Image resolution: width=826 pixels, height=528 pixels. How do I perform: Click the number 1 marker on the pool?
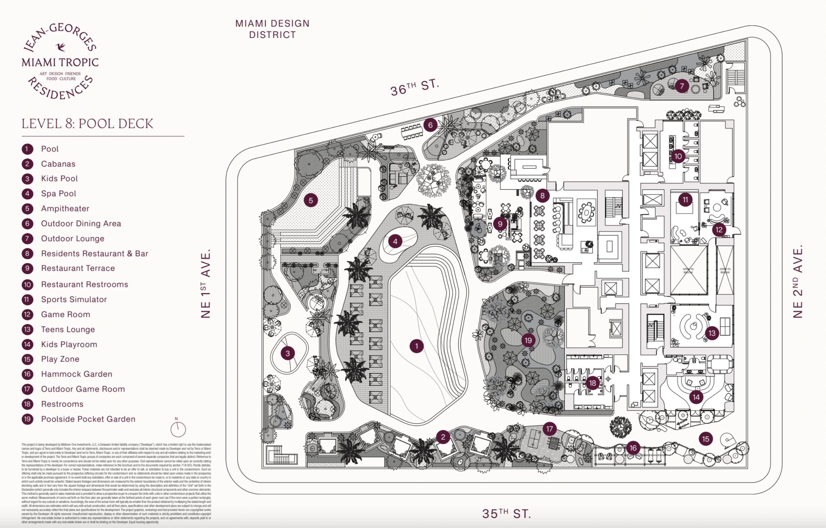[416, 346]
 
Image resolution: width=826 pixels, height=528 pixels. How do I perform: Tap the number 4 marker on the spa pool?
[395, 241]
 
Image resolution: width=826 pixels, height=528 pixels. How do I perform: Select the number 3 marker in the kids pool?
[287, 353]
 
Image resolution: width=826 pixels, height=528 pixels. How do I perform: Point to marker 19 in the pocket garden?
[528, 340]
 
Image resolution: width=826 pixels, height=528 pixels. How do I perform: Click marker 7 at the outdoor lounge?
[681, 86]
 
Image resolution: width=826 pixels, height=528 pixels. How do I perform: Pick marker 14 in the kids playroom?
[696, 397]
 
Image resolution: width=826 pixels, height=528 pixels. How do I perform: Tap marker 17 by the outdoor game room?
[549, 429]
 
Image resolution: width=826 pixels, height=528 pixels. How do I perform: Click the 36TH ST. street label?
[415, 87]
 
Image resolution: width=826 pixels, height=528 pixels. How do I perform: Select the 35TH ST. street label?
[506, 513]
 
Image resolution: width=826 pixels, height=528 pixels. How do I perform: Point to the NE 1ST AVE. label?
[205, 284]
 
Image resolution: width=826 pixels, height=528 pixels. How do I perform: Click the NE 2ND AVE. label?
[798, 281]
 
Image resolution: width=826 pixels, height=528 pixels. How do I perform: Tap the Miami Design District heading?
[273, 29]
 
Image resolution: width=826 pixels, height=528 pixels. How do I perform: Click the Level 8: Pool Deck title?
[88, 124]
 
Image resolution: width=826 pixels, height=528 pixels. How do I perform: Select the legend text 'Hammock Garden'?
[76, 374]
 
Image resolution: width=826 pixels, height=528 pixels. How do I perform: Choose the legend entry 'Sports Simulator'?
[74, 299]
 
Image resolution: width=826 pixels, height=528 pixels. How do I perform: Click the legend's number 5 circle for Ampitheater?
[27, 209]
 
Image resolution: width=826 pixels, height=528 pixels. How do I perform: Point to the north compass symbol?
[178, 429]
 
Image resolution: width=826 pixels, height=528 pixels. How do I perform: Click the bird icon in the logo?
[61, 47]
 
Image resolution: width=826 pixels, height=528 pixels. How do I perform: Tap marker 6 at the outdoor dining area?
[430, 125]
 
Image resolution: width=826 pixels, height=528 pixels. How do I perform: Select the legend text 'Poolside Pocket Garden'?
[88, 419]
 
